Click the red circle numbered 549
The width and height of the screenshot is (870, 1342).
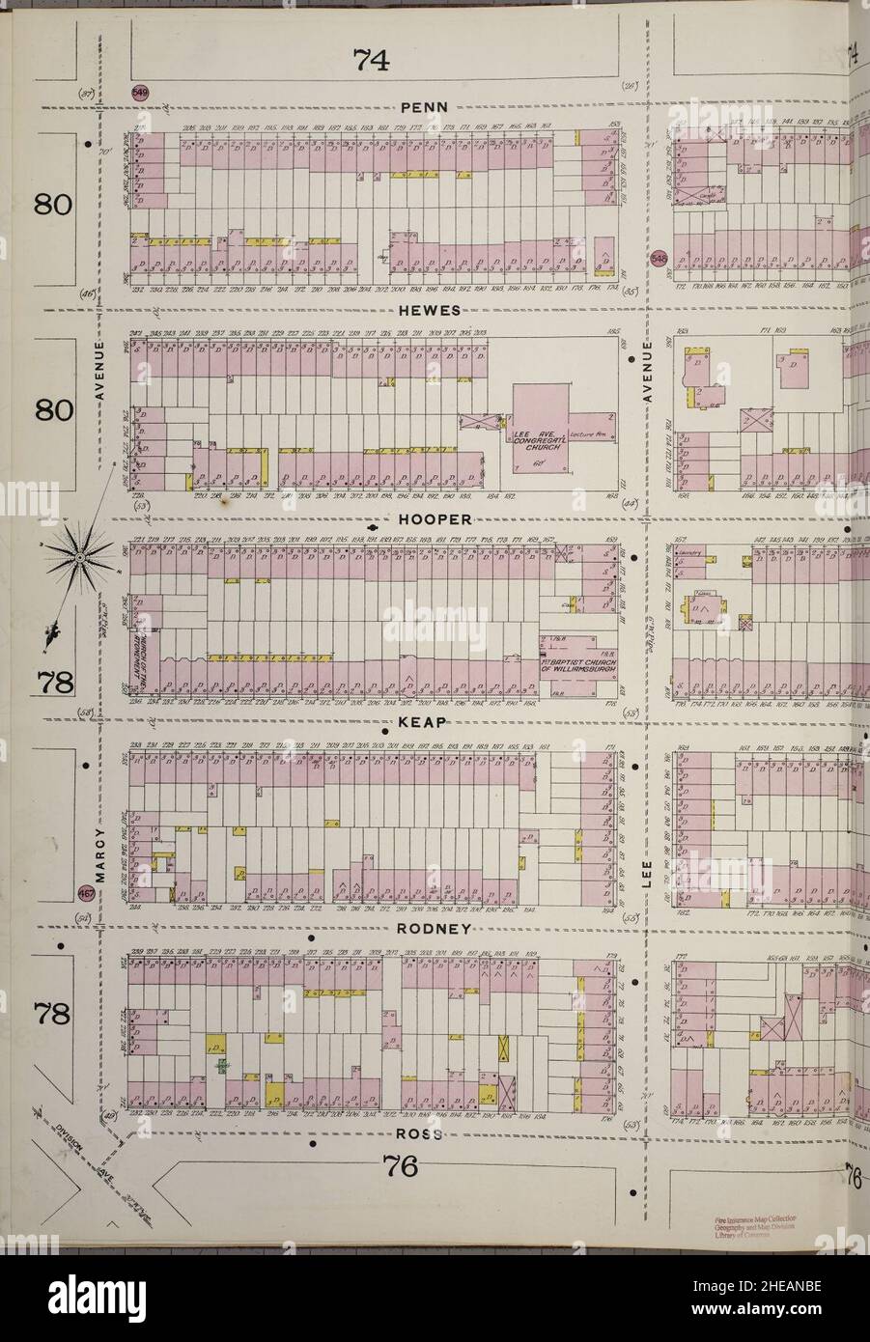pos(141,93)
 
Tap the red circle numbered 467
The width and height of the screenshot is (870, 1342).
pos(86,891)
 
